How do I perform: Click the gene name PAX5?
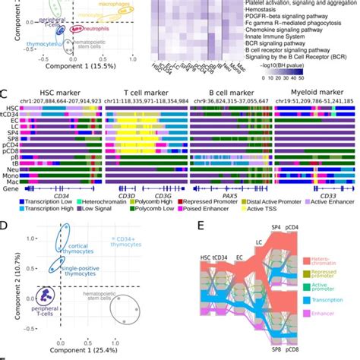tap(225, 194)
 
